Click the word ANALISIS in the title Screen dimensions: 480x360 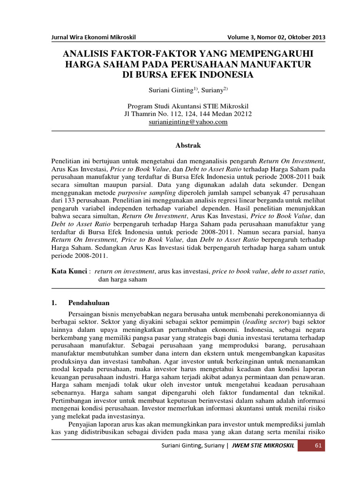point(87,53)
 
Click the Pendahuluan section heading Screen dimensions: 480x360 point(89,303)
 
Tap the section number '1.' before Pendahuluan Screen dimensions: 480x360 point(54,303)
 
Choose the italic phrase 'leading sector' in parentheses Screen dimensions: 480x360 point(265,322)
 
